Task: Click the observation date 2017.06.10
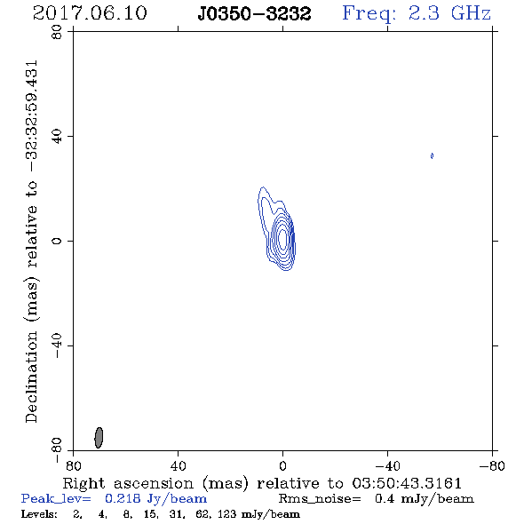point(90,13)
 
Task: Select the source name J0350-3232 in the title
point(254,14)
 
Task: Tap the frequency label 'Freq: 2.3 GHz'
point(417,13)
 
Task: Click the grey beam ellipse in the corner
point(99,438)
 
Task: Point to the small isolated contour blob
point(433,155)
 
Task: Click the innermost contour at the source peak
point(282,239)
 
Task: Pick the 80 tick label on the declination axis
point(57,32)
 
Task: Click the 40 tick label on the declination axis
point(57,137)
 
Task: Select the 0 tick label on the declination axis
point(57,241)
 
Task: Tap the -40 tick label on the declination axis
point(57,345)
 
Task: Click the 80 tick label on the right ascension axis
point(73,465)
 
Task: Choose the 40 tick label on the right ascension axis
point(179,465)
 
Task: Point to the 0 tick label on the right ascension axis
point(282,465)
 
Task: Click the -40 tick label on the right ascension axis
point(387,465)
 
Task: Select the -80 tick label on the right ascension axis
point(492,465)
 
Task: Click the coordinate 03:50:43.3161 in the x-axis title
point(407,483)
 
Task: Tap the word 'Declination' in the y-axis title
point(31,377)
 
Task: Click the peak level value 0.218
point(123,498)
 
